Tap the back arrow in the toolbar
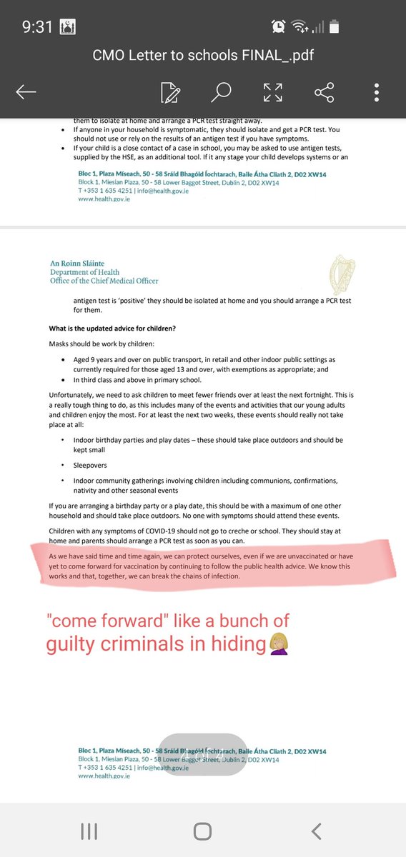[x=26, y=91]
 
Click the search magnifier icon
[x=222, y=91]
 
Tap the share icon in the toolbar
[x=325, y=91]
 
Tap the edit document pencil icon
[x=170, y=91]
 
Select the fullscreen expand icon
[x=273, y=91]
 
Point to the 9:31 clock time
[x=36, y=26]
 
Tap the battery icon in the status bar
[x=335, y=26]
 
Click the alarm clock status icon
[x=278, y=26]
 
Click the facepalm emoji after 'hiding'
[x=277, y=643]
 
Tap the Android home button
[x=202, y=831]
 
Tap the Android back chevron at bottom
[x=316, y=831]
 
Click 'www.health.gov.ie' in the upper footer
[x=104, y=199]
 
